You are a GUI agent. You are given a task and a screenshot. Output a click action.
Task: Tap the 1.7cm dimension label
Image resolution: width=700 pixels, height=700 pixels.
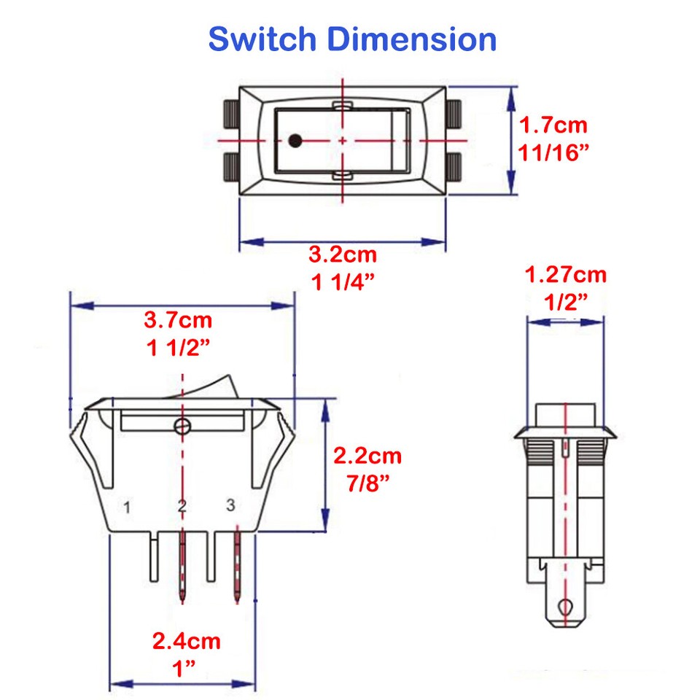coord(553,125)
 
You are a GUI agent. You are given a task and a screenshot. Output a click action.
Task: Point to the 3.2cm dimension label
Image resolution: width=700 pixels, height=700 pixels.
coord(343,254)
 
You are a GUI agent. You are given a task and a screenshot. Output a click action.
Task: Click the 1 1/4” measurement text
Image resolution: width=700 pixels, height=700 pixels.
coord(343,282)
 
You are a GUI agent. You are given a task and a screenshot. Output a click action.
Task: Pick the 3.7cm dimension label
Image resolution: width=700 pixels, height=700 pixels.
coord(179,320)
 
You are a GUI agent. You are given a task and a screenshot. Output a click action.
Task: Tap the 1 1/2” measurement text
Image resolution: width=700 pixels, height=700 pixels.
coord(179,348)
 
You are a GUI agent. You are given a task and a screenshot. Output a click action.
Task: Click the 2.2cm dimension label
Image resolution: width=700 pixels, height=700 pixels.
coord(367,456)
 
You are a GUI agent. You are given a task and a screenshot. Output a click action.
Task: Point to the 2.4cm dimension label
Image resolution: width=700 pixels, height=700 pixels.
coord(186,642)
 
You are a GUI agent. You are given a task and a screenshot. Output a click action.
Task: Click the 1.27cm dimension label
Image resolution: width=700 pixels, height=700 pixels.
coord(566,275)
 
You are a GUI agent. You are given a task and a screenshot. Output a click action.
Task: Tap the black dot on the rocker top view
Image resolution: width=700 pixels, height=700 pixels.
coord(295,140)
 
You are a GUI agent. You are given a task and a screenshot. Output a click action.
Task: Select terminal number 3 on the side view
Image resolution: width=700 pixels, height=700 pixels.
coord(231,505)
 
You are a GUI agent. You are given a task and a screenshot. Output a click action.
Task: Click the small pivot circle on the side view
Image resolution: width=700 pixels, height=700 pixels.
coord(181,426)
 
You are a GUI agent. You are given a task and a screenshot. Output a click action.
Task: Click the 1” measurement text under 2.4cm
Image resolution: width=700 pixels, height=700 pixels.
coord(184,669)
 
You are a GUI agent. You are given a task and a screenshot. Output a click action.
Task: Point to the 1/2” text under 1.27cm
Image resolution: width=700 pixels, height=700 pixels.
coord(566,302)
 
